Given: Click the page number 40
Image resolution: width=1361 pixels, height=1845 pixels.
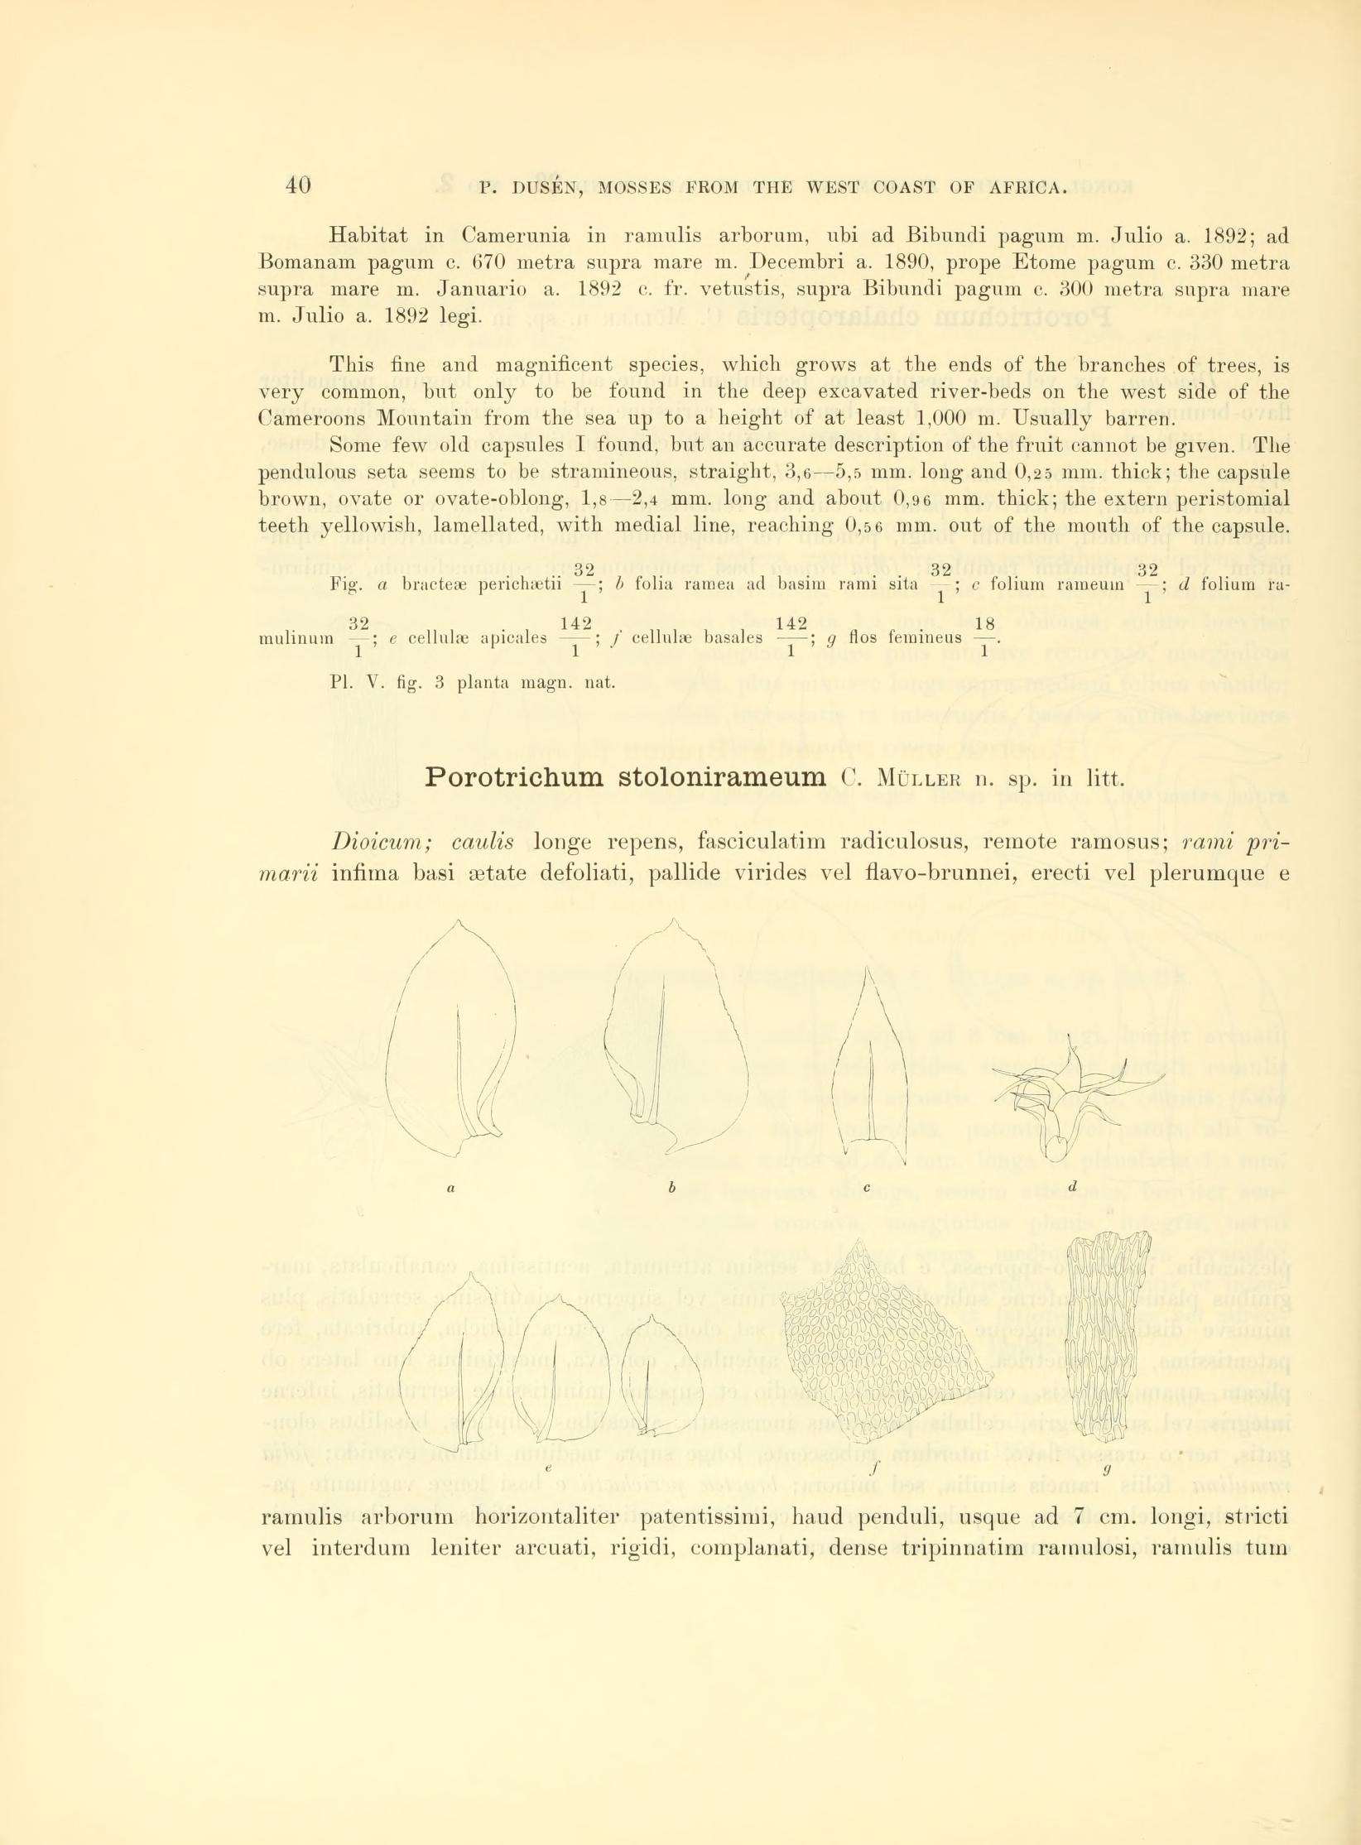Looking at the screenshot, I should pos(297,185).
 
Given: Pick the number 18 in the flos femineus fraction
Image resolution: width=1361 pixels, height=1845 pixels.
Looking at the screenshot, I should pos(984,623).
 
